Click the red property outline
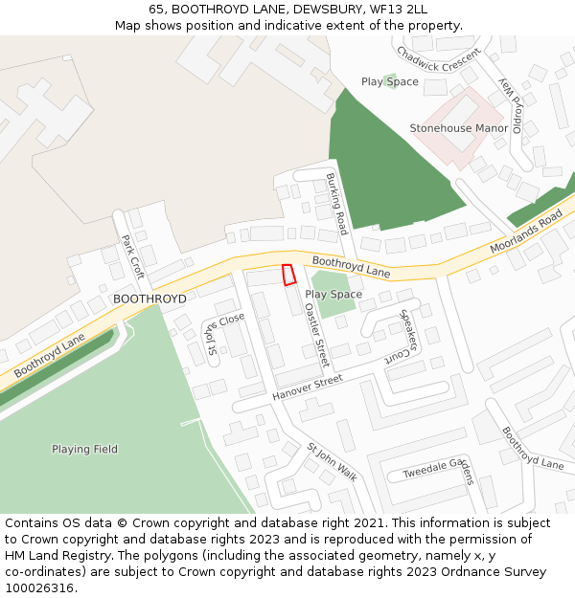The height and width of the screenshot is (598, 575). tap(288, 275)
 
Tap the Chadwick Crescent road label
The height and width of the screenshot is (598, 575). tap(437, 65)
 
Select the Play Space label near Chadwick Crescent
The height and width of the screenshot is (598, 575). tap(390, 82)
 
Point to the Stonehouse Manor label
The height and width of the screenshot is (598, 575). tap(459, 128)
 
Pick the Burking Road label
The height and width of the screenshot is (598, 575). tap(334, 204)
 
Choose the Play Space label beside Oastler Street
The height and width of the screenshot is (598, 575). tap(333, 295)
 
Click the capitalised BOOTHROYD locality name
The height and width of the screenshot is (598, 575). tap(149, 299)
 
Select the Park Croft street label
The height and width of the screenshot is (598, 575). tap(132, 255)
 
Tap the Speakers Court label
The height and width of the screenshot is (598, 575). tap(409, 337)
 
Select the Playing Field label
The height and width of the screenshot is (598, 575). tap(85, 449)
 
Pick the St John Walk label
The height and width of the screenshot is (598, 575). tap(332, 462)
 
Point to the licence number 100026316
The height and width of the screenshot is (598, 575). tap(40, 587)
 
